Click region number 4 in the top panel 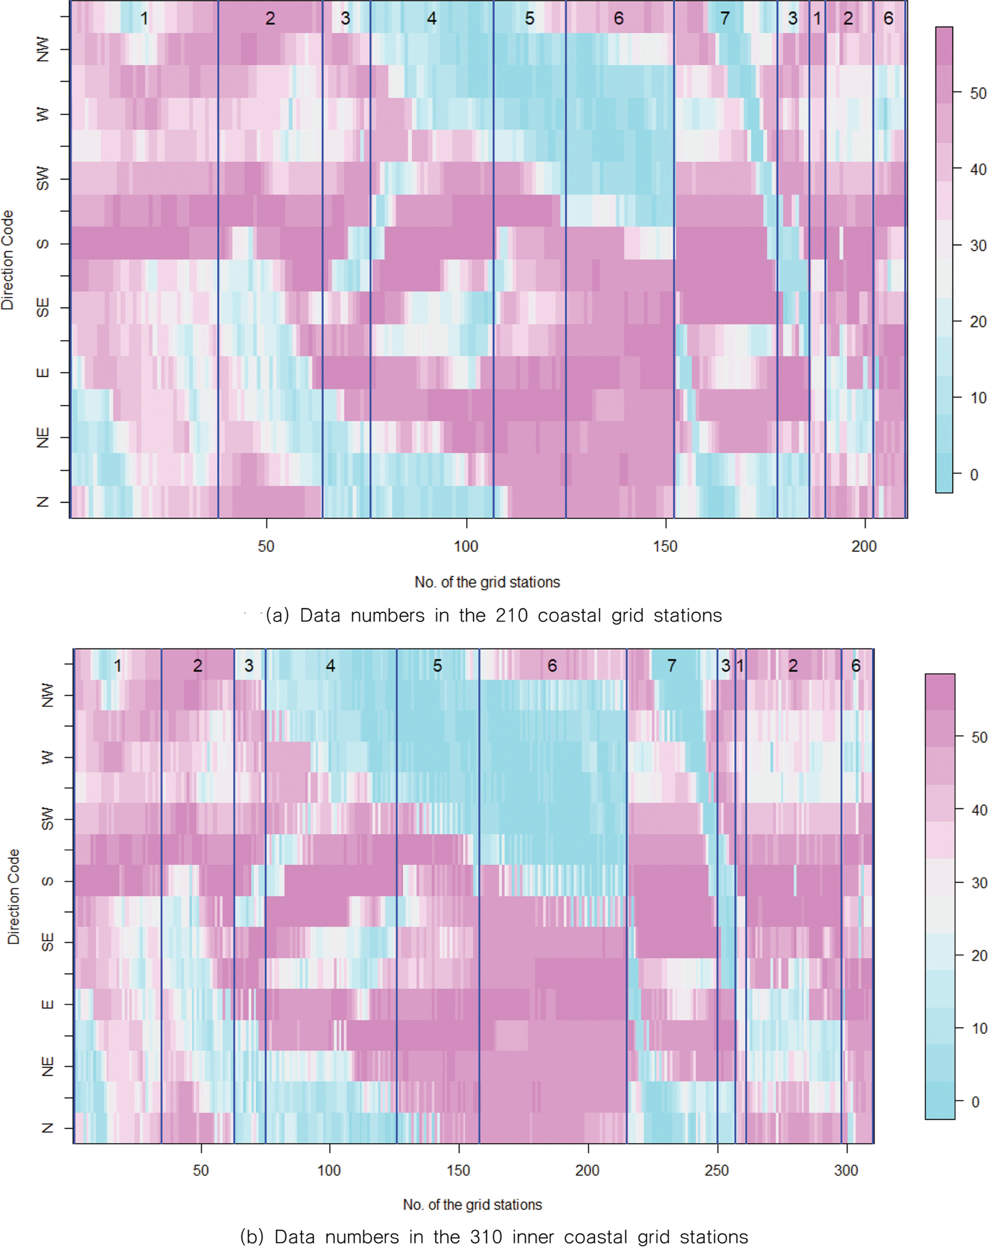click(x=431, y=19)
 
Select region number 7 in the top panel click(x=725, y=19)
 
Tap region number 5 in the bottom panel click(x=437, y=666)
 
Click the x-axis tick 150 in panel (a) click(x=665, y=546)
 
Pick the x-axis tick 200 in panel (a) click(x=864, y=546)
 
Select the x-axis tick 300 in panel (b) click(x=846, y=1170)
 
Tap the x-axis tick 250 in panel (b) click(x=717, y=1170)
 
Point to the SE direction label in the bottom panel click(x=47, y=942)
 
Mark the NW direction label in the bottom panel click(x=47, y=695)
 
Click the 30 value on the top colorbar click(x=978, y=245)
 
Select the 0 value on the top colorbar click(x=974, y=475)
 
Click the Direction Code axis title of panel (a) click(x=8, y=260)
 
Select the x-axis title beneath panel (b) click(x=473, y=1204)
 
